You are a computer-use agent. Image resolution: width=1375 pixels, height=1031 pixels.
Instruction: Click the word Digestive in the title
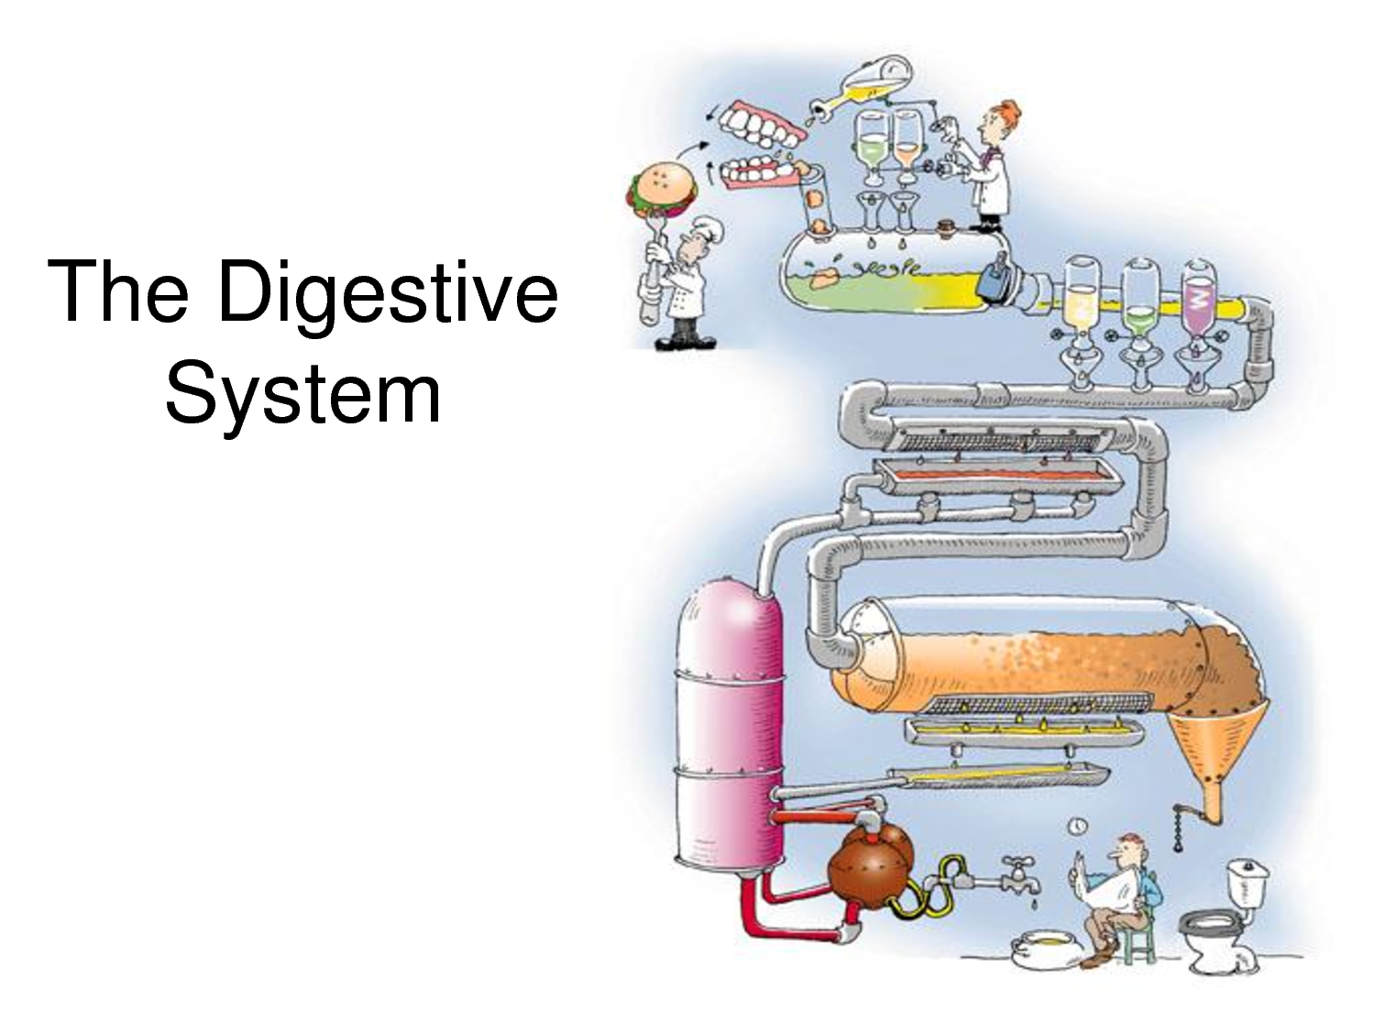point(388,293)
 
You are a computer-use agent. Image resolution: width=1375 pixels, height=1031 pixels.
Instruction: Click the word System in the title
point(302,394)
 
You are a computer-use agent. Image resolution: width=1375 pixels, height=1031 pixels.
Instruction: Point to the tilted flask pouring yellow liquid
point(875,78)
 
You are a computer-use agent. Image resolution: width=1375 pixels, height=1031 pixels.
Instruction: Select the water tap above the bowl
point(1017,875)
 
